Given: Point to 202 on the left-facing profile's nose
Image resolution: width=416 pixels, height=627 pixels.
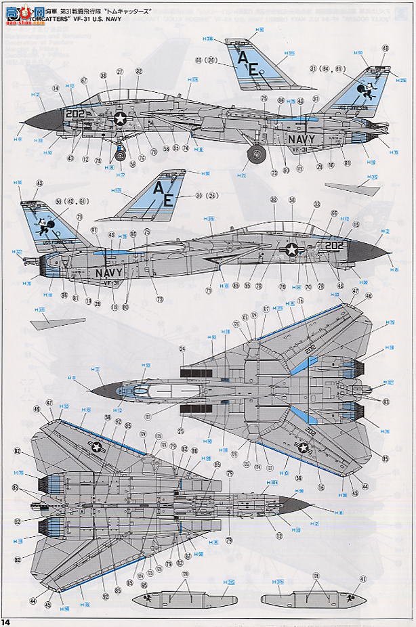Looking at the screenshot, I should (x=76, y=114).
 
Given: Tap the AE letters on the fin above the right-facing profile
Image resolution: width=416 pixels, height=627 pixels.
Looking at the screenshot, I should (x=164, y=191).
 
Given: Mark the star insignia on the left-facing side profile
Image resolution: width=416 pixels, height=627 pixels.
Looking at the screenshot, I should (x=121, y=119).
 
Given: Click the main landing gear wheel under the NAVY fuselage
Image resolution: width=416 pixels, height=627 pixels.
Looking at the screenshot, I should (x=255, y=155).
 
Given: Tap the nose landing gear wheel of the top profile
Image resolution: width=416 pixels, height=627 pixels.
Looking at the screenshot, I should (x=121, y=156).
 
